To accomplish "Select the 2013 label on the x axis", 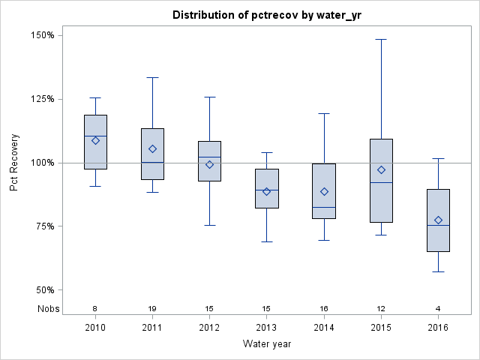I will [266, 328].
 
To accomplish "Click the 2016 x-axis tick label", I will [438, 328].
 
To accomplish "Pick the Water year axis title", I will [267, 344].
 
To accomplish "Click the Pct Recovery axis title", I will [14, 163].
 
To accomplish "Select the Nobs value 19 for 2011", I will [152, 309].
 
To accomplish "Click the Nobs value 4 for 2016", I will [438, 309].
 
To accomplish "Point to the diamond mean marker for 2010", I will [95, 140].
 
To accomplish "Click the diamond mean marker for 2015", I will [381, 169].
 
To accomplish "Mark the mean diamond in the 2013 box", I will [266, 191].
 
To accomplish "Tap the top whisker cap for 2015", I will [381, 39].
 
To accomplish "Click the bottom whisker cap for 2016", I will [438, 271].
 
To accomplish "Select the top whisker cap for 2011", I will [152, 77].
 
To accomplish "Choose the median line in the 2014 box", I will [324, 207].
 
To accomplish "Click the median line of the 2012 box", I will [209, 157].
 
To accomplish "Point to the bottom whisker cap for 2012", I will [209, 225].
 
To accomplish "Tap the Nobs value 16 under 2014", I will [324, 309].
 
